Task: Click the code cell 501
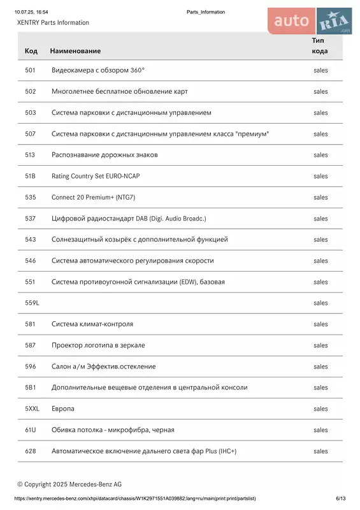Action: [x=30, y=71]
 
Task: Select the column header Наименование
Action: [x=75, y=51]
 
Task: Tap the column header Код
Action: [x=31, y=51]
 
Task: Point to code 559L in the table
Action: [x=32, y=303]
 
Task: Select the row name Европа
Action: [x=63, y=409]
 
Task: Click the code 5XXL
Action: [x=32, y=409]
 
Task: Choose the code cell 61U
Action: [x=31, y=430]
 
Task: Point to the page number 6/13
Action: [x=341, y=499]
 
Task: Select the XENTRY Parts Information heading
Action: [x=54, y=23]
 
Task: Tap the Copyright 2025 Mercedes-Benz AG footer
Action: [x=69, y=484]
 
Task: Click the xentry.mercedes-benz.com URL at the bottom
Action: [x=135, y=499]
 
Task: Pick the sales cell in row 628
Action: [x=320, y=451]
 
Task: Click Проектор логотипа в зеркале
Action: [x=98, y=346]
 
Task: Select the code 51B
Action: [x=30, y=176]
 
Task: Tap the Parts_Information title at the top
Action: [x=206, y=12]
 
